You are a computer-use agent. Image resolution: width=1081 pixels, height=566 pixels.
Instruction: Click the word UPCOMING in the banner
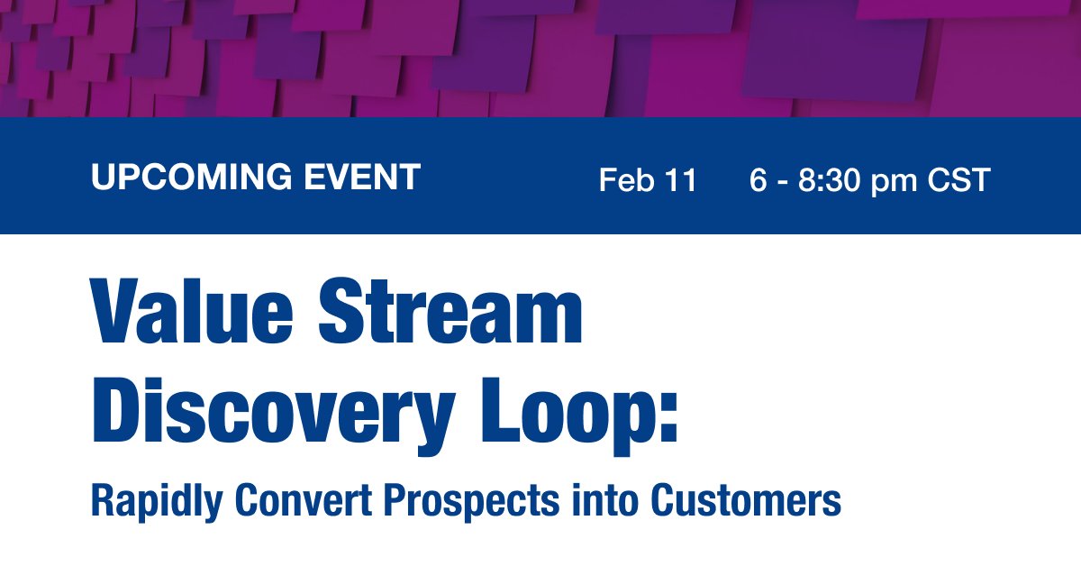coord(192,177)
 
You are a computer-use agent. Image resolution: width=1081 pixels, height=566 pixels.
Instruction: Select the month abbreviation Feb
coord(627,179)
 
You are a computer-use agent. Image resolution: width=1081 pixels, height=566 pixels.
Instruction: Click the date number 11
coord(680,179)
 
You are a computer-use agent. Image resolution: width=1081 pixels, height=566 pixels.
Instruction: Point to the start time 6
coord(759,179)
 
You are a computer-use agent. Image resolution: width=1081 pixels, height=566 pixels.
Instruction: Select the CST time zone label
coord(958,179)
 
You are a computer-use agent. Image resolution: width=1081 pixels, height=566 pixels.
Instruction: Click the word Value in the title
coord(192,311)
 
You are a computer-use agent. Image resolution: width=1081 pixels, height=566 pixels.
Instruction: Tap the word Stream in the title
coord(450,311)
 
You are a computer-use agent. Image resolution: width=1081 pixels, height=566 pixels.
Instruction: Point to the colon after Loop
coord(669,416)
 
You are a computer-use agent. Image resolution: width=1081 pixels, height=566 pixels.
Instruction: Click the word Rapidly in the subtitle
coord(157,502)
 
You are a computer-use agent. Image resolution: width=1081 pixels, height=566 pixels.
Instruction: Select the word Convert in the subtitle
coord(303,500)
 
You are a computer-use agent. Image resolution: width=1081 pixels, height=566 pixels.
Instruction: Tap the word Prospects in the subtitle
coord(471,502)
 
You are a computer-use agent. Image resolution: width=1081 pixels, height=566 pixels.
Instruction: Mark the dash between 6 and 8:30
coord(783,182)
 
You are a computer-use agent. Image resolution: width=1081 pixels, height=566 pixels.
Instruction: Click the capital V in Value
coord(117,311)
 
